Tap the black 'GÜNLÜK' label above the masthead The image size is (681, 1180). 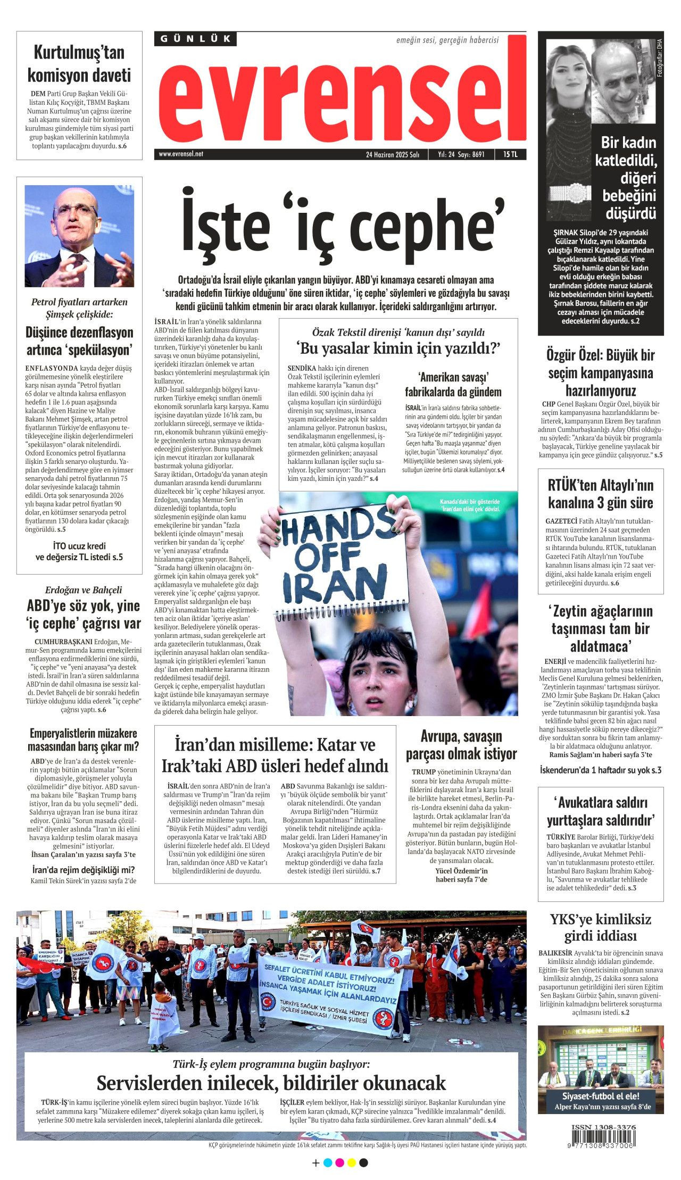[x=195, y=39]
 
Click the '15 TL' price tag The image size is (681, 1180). [x=510, y=154]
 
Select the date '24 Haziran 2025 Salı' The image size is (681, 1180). [x=393, y=155]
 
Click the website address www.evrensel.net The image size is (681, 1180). [x=181, y=154]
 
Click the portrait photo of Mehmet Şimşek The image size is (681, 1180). [x=79, y=236]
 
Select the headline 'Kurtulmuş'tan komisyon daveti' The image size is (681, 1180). [x=79, y=64]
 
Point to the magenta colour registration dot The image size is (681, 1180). [x=339, y=1162]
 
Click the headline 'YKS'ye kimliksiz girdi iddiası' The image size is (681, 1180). [x=600, y=927]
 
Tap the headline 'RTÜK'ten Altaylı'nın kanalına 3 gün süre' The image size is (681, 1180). [x=600, y=494]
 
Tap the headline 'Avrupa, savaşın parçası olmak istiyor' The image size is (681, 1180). [x=461, y=745]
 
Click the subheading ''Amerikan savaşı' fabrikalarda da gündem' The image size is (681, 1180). [x=453, y=385]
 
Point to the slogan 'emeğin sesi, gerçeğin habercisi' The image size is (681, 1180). [x=447, y=40]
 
